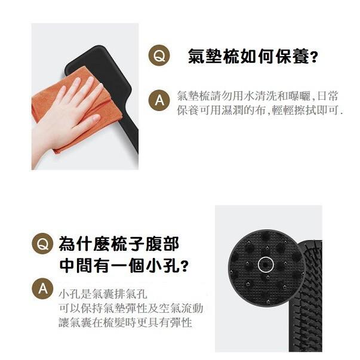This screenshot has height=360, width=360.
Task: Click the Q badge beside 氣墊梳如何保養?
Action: point(159,57)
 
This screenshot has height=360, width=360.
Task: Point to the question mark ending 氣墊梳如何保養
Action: point(314,58)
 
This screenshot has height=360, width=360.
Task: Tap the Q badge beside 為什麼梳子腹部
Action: point(42,244)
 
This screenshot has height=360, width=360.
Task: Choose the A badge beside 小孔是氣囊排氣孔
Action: point(42,288)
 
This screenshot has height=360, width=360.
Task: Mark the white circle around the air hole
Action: point(266,264)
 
